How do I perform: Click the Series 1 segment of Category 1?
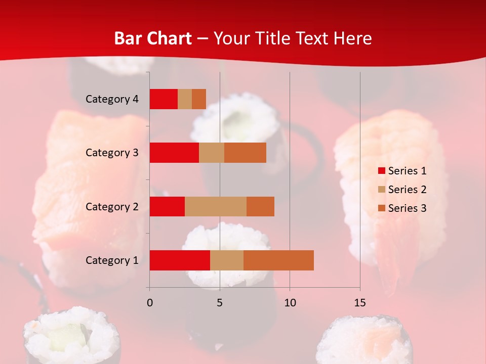click(180, 260)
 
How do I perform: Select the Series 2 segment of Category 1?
click(227, 260)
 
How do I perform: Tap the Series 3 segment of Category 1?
click(278, 260)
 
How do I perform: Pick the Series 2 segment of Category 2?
click(216, 206)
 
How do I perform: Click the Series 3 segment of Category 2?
click(260, 206)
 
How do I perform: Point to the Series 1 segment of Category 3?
click(174, 153)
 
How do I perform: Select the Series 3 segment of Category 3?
click(245, 153)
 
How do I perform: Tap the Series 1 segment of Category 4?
click(164, 99)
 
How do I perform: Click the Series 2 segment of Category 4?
click(185, 99)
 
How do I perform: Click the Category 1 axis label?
click(112, 260)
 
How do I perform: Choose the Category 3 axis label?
click(112, 153)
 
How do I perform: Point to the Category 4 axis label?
click(112, 99)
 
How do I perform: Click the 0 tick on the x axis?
click(149, 303)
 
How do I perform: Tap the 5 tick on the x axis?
click(220, 303)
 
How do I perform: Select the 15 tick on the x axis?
click(360, 303)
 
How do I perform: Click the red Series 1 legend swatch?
click(381, 171)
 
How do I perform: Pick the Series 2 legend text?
click(407, 190)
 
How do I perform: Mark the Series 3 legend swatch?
click(381, 208)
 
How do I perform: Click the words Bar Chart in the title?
click(153, 38)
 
